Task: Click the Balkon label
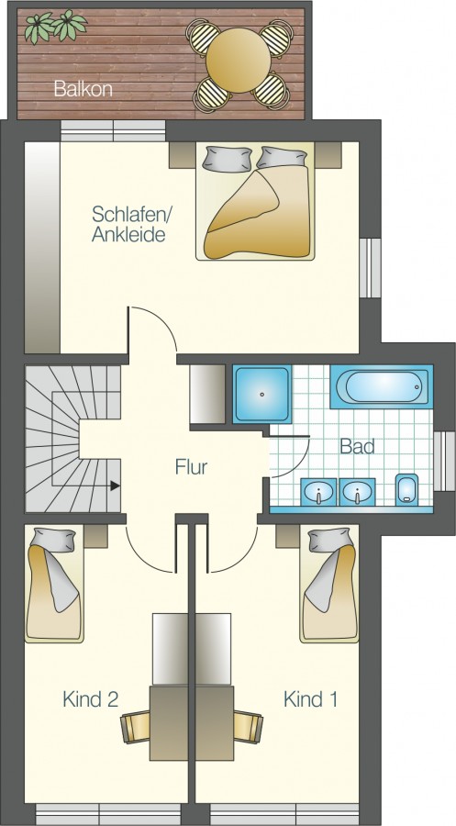pos(83,89)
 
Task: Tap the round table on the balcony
pos(238,60)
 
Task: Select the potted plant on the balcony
pos(55,27)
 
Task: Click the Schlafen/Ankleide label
pos(128,224)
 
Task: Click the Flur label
pos(191,467)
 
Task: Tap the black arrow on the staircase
pos(115,486)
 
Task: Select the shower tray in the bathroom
pos(262,394)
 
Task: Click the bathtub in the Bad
pos(382,386)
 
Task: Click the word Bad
pos(357,446)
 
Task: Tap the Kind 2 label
pos(90,699)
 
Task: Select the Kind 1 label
pos(310,699)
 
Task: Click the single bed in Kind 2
pos(55,583)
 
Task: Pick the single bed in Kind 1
pos(329,583)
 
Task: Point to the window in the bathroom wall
pos(444,462)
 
